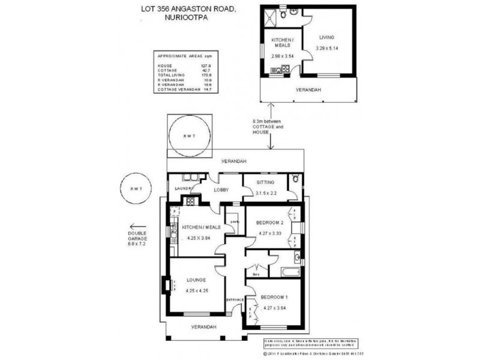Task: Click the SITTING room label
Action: pos(265,182)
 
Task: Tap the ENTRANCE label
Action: pos(235,299)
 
